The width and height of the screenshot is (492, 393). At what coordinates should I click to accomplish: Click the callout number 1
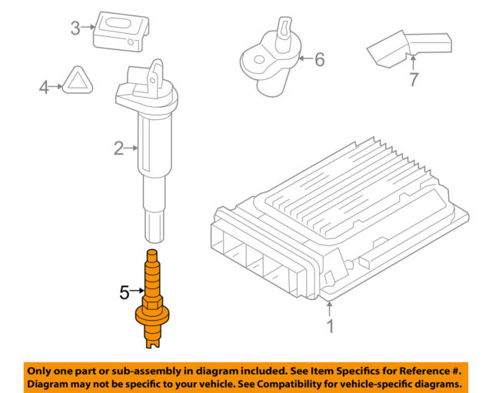tap(330, 326)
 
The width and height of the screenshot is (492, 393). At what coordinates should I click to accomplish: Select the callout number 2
tap(119, 148)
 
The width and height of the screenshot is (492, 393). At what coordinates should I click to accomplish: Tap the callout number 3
tap(75, 28)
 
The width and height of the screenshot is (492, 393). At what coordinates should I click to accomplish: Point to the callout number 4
tap(44, 87)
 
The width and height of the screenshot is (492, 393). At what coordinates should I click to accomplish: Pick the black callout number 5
tap(125, 292)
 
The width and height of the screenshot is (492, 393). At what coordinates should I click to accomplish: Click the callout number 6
tap(320, 59)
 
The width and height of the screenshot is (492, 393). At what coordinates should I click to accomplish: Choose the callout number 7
tap(414, 79)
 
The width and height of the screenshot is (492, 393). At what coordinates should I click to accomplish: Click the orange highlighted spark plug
tap(152, 299)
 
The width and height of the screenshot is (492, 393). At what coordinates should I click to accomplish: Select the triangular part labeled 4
tap(78, 80)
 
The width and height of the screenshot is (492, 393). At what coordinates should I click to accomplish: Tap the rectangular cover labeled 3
tap(121, 32)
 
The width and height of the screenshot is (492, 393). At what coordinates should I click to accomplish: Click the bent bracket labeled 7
tap(410, 48)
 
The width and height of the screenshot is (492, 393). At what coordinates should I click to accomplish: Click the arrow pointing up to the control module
tap(330, 309)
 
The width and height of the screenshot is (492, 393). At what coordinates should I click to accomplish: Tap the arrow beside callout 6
tap(306, 58)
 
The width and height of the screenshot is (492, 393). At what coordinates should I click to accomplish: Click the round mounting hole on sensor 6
tap(259, 60)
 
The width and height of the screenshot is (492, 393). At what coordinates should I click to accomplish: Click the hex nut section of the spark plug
tap(152, 304)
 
